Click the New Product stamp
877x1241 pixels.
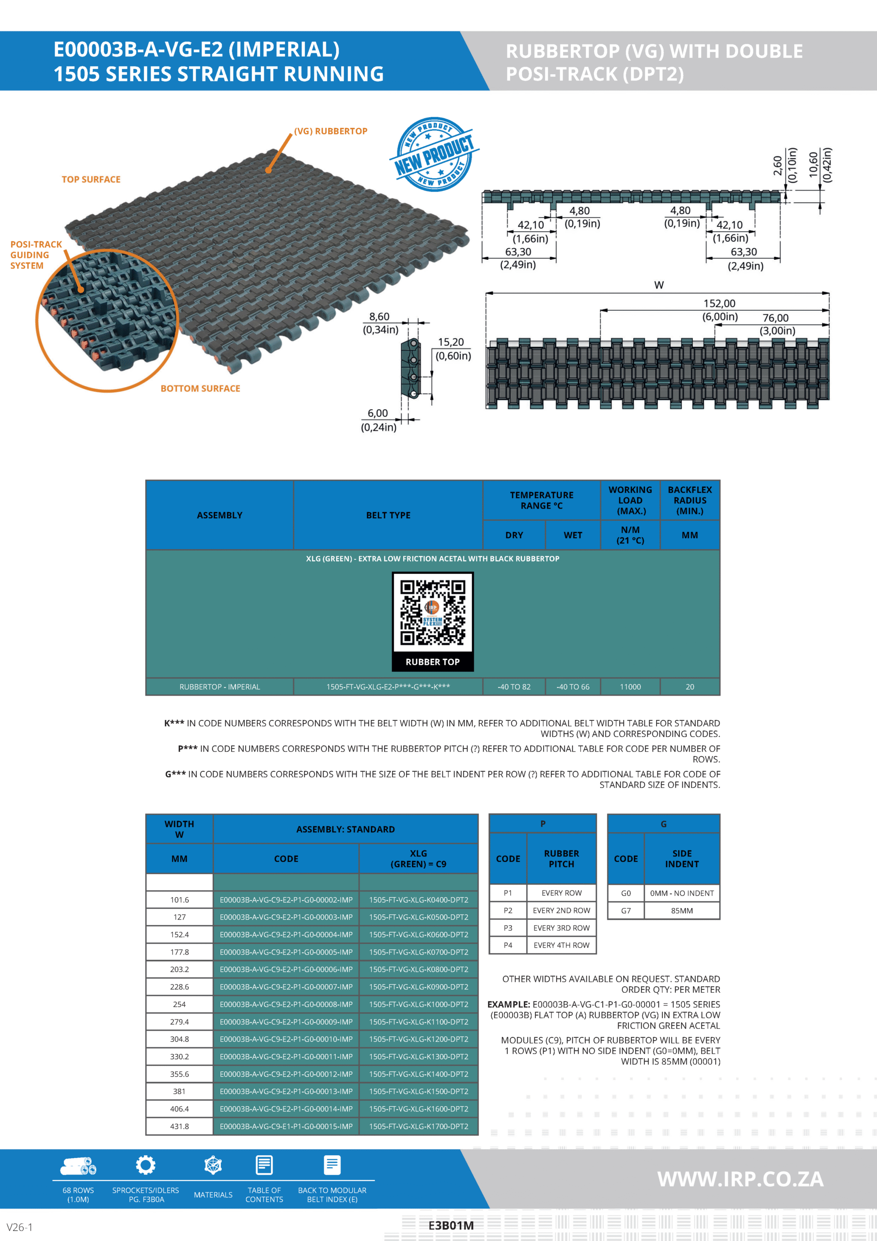(x=434, y=155)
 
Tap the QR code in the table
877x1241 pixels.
(x=432, y=614)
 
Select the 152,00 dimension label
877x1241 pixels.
(x=719, y=304)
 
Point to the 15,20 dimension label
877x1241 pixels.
(x=451, y=342)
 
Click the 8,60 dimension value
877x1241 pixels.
(x=379, y=317)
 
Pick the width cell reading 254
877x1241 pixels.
(x=179, y=1004)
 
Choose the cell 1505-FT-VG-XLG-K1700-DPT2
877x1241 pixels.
(x=418, y=1127)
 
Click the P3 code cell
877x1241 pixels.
(x=508, y=928)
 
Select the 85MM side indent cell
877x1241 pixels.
(x=682, y=911)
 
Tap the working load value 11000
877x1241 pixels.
(x=630, y=687)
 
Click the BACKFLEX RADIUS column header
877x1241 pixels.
(x=689, y=500)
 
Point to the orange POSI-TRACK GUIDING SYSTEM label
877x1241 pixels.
(x=36, y=255)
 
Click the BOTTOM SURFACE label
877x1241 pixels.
(x=200, y=389)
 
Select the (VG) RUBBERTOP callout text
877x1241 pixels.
(x=331, y=131)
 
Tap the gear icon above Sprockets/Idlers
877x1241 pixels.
(x=145, y=1165)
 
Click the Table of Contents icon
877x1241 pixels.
(x=264, y=1165)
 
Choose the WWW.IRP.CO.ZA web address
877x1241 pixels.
(x=740, y=1179)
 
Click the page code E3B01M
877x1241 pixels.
(x=451, y=1226)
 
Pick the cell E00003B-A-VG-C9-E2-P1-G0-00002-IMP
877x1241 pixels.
(x=286, y=900)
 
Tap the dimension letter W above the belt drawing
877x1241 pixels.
(x=658, y=285)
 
